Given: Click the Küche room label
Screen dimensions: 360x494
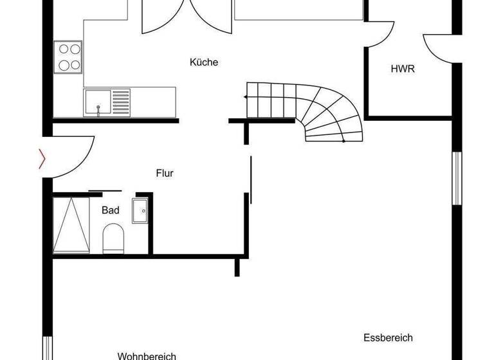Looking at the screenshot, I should click(204, 62).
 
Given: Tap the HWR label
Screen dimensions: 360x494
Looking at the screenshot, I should click(403, 69).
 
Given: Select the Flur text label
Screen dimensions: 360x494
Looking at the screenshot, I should click(165, 173).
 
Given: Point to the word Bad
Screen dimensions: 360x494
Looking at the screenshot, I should click(111, 210).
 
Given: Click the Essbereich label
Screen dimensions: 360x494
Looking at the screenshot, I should click(388, 337).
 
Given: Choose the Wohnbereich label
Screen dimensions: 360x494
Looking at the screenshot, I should click(147, 355).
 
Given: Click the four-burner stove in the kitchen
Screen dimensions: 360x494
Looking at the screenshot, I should click(68, 57).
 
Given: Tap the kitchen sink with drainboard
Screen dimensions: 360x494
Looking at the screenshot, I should click(106, 103).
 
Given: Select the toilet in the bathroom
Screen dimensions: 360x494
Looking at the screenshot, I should click(113, 238).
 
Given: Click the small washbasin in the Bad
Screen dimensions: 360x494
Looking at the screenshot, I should click(140, 210).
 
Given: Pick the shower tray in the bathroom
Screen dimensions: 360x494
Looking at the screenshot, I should click(71, 225).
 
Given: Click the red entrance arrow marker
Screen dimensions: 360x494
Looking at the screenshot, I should click(42, 158).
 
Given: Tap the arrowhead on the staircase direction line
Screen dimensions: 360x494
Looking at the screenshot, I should click(246, 97).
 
